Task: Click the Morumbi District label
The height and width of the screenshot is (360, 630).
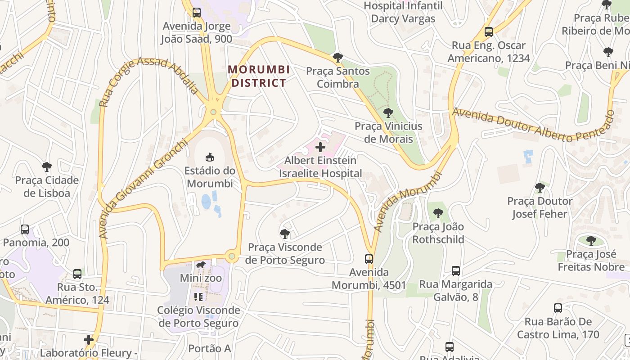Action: pyautogui.click(x=258, y=76)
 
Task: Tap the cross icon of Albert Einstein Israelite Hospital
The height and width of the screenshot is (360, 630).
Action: pyautogui.click(x=320, y=147)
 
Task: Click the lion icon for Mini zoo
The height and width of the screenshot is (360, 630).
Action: pyautogui.click(x=201, y=265)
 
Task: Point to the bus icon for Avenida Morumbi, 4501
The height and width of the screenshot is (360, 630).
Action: pyautogui.click(x=369, y=259)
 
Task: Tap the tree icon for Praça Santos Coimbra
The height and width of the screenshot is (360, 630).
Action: pyautogui.click(x=337, y=58)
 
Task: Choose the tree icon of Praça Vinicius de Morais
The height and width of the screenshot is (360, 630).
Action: pyautogui.click(x=388, y=113)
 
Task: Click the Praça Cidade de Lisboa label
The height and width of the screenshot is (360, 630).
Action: pyautogui.click(x=47, y=187)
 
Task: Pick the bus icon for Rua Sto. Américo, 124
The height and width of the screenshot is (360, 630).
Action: pyautogui.click(x=77, y=274)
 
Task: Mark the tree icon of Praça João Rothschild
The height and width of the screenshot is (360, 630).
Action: pyautogui.click(x=438, y=213)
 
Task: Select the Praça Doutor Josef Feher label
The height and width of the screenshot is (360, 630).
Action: pyautogui.click(x=540, y=207)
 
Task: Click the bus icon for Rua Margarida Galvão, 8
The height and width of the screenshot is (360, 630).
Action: pyautogui.click(x=456, y=271)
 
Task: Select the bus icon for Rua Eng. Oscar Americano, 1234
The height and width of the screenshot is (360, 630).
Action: pyautogui.click(x=489, y=32)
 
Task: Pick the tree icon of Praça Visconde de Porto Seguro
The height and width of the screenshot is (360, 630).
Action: pyautogui.click(x=284, y=234)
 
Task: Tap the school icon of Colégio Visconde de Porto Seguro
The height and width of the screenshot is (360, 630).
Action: pyautogui.click(x=198, y=297)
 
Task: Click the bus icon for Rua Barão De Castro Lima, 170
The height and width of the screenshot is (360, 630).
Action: pyautogui.click(x=558, y=308)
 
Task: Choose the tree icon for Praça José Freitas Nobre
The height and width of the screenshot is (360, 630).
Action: pyautogui.click(x=591, y=241)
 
